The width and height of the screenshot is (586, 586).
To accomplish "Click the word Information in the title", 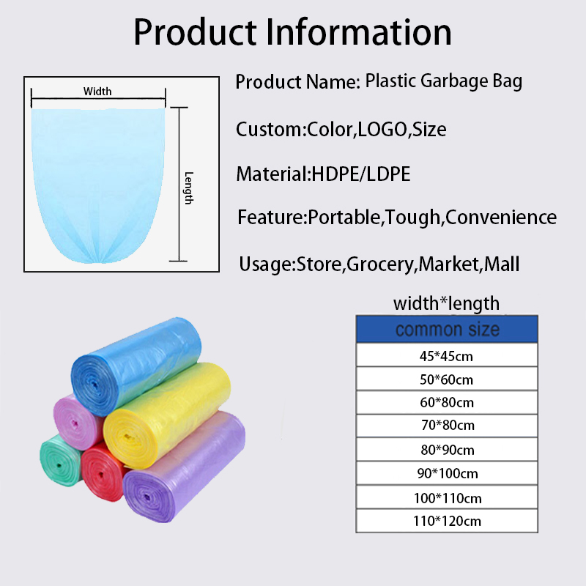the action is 359,32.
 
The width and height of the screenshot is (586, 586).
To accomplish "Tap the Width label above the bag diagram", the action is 97,91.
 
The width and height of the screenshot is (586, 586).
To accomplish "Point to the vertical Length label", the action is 189,188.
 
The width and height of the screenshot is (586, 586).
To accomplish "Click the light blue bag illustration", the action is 98,185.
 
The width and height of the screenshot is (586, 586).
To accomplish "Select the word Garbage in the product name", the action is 454,82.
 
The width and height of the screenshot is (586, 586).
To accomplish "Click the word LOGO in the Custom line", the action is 382,130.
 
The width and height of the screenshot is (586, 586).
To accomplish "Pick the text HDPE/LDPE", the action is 361,174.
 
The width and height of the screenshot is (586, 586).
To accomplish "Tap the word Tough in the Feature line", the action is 412,218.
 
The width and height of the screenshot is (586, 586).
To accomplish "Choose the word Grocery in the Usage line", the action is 379,265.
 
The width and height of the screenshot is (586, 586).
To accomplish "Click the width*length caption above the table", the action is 446,303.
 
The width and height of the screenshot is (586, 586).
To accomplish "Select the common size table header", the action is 447,329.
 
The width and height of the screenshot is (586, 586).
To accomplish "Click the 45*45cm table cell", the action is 447,355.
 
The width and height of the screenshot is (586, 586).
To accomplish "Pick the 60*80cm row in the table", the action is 447,402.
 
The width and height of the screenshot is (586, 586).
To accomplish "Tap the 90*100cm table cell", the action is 447,473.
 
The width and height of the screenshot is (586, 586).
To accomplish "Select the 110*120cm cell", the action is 447,521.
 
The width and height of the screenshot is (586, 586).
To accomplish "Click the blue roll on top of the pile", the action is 136,366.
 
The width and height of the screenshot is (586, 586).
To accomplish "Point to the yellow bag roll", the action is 167,415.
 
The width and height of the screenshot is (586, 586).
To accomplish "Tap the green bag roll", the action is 60,461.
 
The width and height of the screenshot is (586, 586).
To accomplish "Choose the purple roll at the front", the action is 184,467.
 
